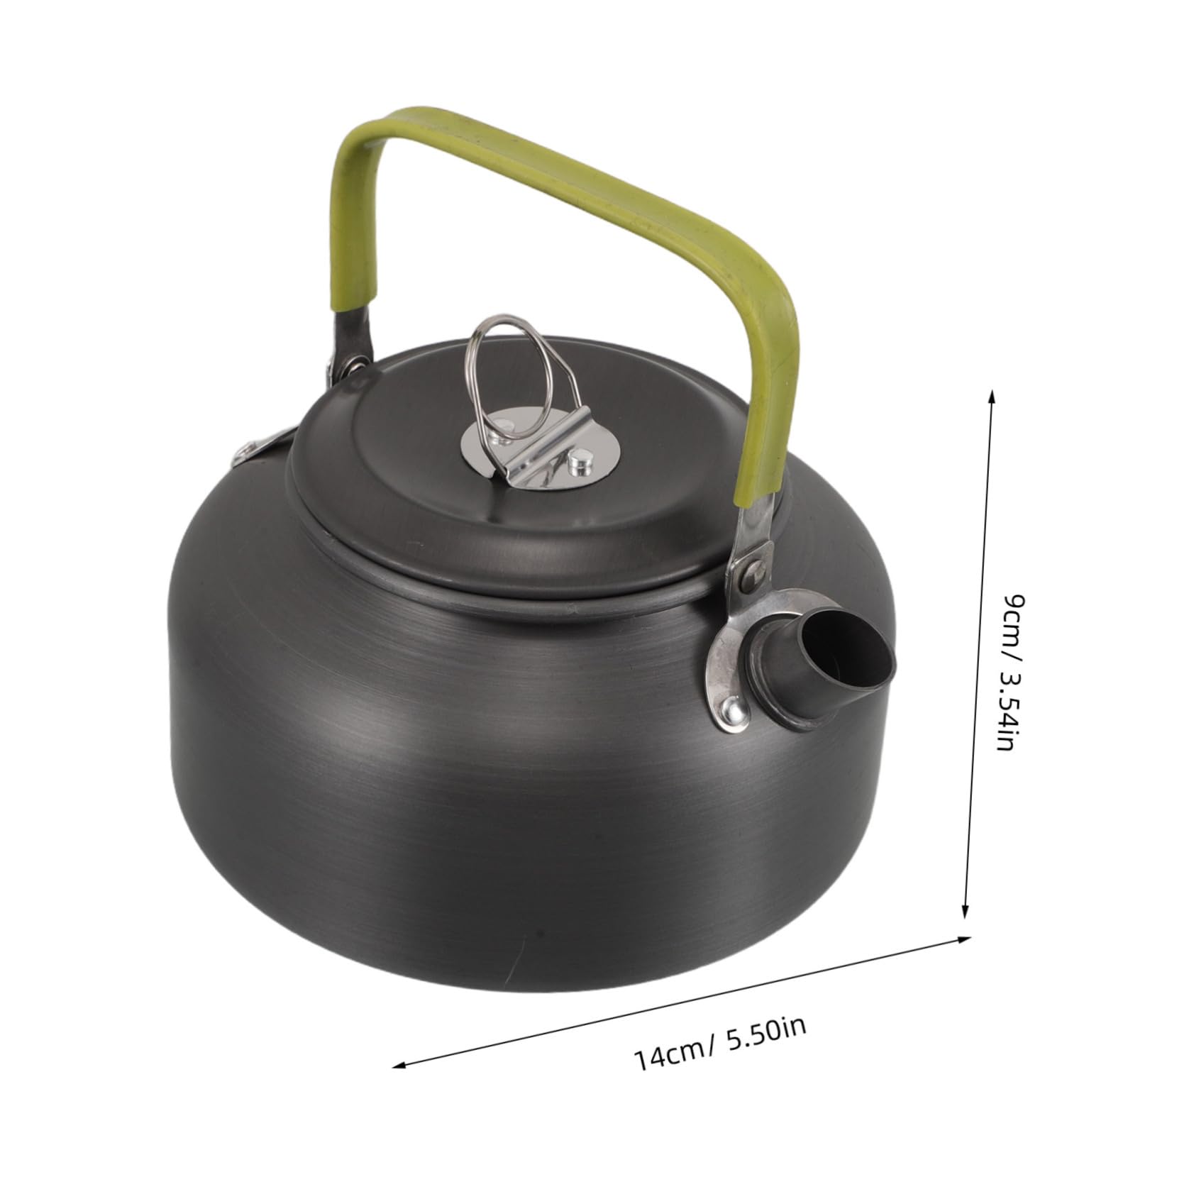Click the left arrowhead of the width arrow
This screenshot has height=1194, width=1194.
tap(399, 1104)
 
